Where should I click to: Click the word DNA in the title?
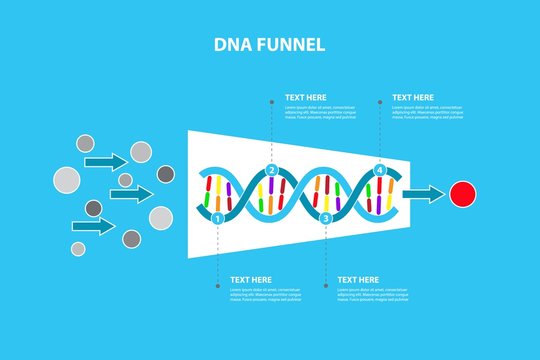(x=231, y=45)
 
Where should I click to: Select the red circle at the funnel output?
(x=463, y=194)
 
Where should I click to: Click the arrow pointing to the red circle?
(x=424, y=194)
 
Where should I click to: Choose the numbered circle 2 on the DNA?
(x=271, y=170)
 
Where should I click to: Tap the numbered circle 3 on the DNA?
(x=325, y=216)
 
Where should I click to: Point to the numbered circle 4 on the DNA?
(x=379, y=170)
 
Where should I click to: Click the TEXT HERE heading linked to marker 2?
(x=306, y=98)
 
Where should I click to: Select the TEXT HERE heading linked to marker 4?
(x=413, y=98)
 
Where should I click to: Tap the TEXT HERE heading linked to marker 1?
(x=251, y=279)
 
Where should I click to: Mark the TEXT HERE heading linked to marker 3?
(x=358, y=279)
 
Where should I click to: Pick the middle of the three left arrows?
(x=131, y=193)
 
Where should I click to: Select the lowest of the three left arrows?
(x=95, y=227)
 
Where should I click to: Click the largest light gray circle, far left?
(x=66, y=180)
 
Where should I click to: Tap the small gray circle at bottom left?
(x=78, y=248)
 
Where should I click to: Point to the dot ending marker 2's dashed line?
(x=271, y=100)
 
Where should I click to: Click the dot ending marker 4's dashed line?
(x=379, y=100)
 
